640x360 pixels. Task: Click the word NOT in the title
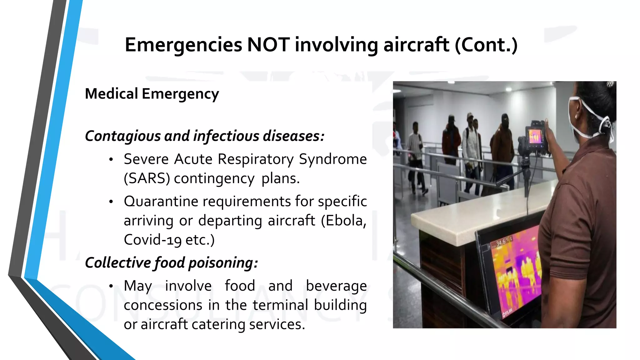pos(268,45)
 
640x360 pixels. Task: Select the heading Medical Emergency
pos(152,94)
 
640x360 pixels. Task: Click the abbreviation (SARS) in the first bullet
pos(147,178)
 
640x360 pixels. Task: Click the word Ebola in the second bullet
pos(346,221)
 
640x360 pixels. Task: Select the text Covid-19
pos(152,240)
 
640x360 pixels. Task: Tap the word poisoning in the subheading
pos(223,263)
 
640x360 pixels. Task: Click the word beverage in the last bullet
pos(336,286)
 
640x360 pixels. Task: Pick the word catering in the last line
pos(218,324)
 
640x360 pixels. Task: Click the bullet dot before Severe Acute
pos(111,160)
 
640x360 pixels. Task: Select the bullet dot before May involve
pos(111,286)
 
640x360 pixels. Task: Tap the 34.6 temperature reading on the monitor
pos(501,242)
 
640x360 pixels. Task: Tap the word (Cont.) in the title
pos(486,45)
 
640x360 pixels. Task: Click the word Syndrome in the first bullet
pos(333,159)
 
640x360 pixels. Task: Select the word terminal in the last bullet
pos(280,305)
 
